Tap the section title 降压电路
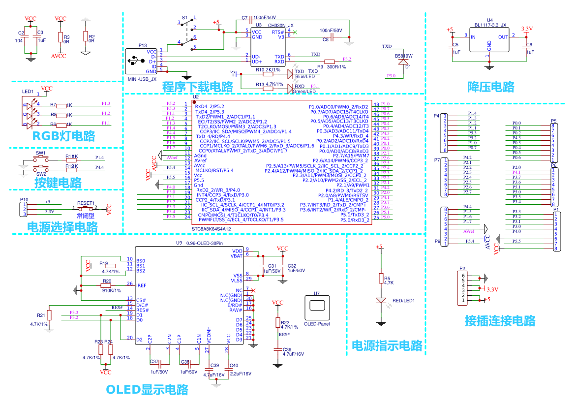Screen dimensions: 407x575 point(490,87)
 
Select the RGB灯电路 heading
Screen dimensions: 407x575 point(63,136)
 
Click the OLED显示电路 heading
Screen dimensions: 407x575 point(147,390)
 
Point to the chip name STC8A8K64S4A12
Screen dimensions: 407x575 point(212,229)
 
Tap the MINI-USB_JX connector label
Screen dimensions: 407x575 point(142,79)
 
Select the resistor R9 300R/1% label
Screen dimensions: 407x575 point(336,66)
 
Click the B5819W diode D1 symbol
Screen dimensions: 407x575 point(403,62)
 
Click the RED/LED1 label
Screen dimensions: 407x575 point(403,301)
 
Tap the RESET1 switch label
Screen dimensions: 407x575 point(86,203)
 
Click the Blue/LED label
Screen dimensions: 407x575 point(305,77)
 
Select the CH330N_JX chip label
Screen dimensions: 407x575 point(280,25)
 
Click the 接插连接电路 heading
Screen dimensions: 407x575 point(500,321)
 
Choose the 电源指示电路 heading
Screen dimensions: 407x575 point(387,345)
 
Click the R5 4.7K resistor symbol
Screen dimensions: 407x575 point(380,279)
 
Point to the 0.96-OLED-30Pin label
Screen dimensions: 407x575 point(205,243)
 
